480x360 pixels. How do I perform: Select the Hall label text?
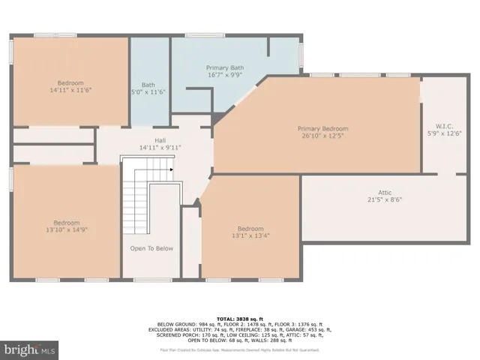point(160,139)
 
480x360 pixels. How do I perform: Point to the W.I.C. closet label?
point(443,126)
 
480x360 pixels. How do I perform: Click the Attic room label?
point(385,193)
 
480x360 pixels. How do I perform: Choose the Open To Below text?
point(151,248)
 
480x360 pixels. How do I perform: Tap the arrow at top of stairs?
point(172,169)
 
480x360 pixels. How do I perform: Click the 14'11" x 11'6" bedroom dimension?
point(70,90)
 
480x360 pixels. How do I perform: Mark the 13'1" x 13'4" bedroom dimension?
point(250,236)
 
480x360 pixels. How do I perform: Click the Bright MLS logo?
point(30,349)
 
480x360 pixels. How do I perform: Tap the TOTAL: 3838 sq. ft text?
point(239,319)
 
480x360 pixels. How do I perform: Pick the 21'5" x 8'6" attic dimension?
point(385,200)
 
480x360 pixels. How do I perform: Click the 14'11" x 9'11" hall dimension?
point(160,147)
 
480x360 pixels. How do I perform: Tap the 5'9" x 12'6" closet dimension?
point(443,133)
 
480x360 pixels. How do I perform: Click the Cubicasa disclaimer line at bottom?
point(239,349)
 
